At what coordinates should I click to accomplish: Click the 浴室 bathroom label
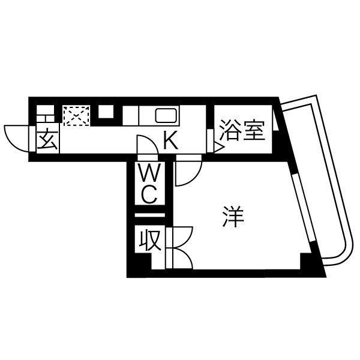242,130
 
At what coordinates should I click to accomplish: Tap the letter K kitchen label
171,140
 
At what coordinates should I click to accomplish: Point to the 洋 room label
233,217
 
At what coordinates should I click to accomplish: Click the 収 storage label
150,240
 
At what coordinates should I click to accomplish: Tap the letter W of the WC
149,173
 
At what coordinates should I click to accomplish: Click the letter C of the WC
149,194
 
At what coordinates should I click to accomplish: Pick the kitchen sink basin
166,115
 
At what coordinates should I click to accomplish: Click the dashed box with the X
76,116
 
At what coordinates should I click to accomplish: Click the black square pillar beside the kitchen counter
106,112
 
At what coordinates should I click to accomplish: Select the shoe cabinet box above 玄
46,113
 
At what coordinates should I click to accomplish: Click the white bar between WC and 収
149,215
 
